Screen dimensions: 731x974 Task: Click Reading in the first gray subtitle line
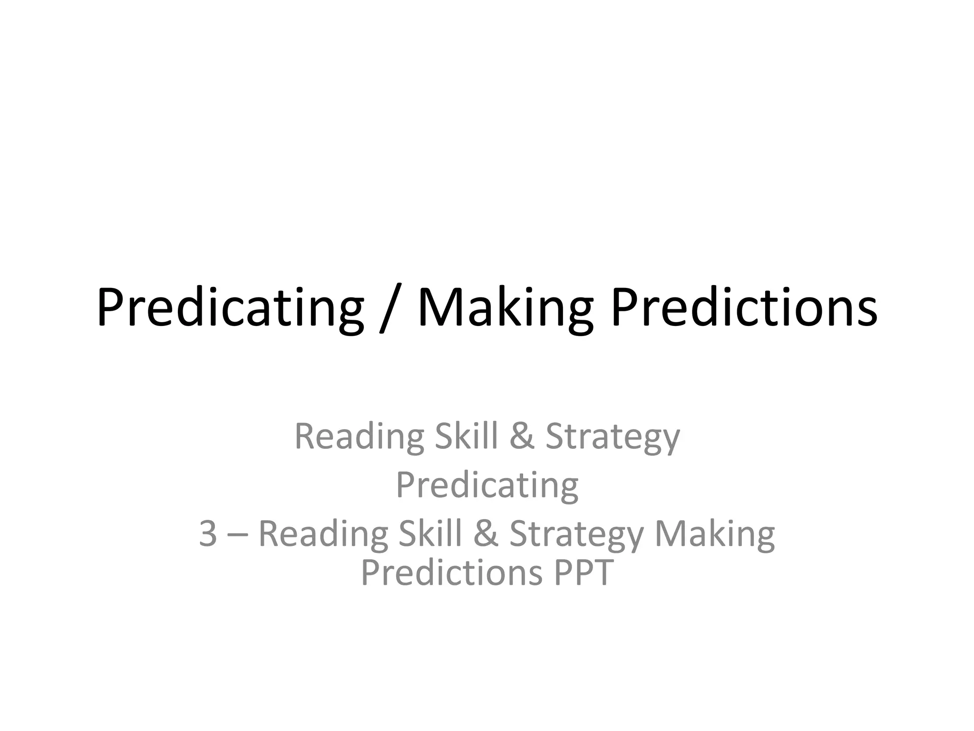tap(359, 436)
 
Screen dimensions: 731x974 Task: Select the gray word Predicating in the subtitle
tap(487, 485)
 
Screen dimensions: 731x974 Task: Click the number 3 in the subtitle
tap(208, 534)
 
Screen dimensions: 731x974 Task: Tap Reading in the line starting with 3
tap(323, 534)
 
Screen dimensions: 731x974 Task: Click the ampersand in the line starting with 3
tap(486, 534)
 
